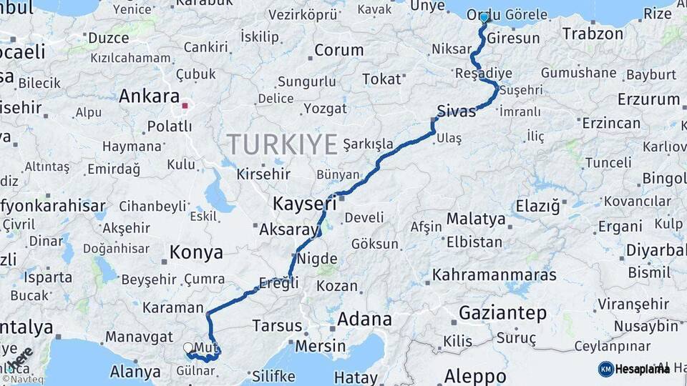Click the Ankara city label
click(x=149, y=96)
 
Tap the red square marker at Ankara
click(x=185, y=106)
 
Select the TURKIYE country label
click(x=283, y=144)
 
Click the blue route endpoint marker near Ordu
click(x=484, y=17)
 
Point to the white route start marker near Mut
click(x=188, y=347)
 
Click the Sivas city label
click(x=456, y=112)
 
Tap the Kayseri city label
click(x=304, y=204)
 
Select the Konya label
click(x=196, y=252)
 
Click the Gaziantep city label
click(x=502, y=313)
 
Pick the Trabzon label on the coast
click(x=593, y=34)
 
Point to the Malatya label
click(x=476, y=218)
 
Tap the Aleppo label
click(x=475, y=376)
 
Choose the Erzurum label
click(x=648, y=99)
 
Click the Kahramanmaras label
click(x=494, y=274)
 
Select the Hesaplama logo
click(x=634, y=369)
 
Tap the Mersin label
click(x=321, y=347)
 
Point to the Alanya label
click(x=135, y=372)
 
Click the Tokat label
click(x=381, y=79)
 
